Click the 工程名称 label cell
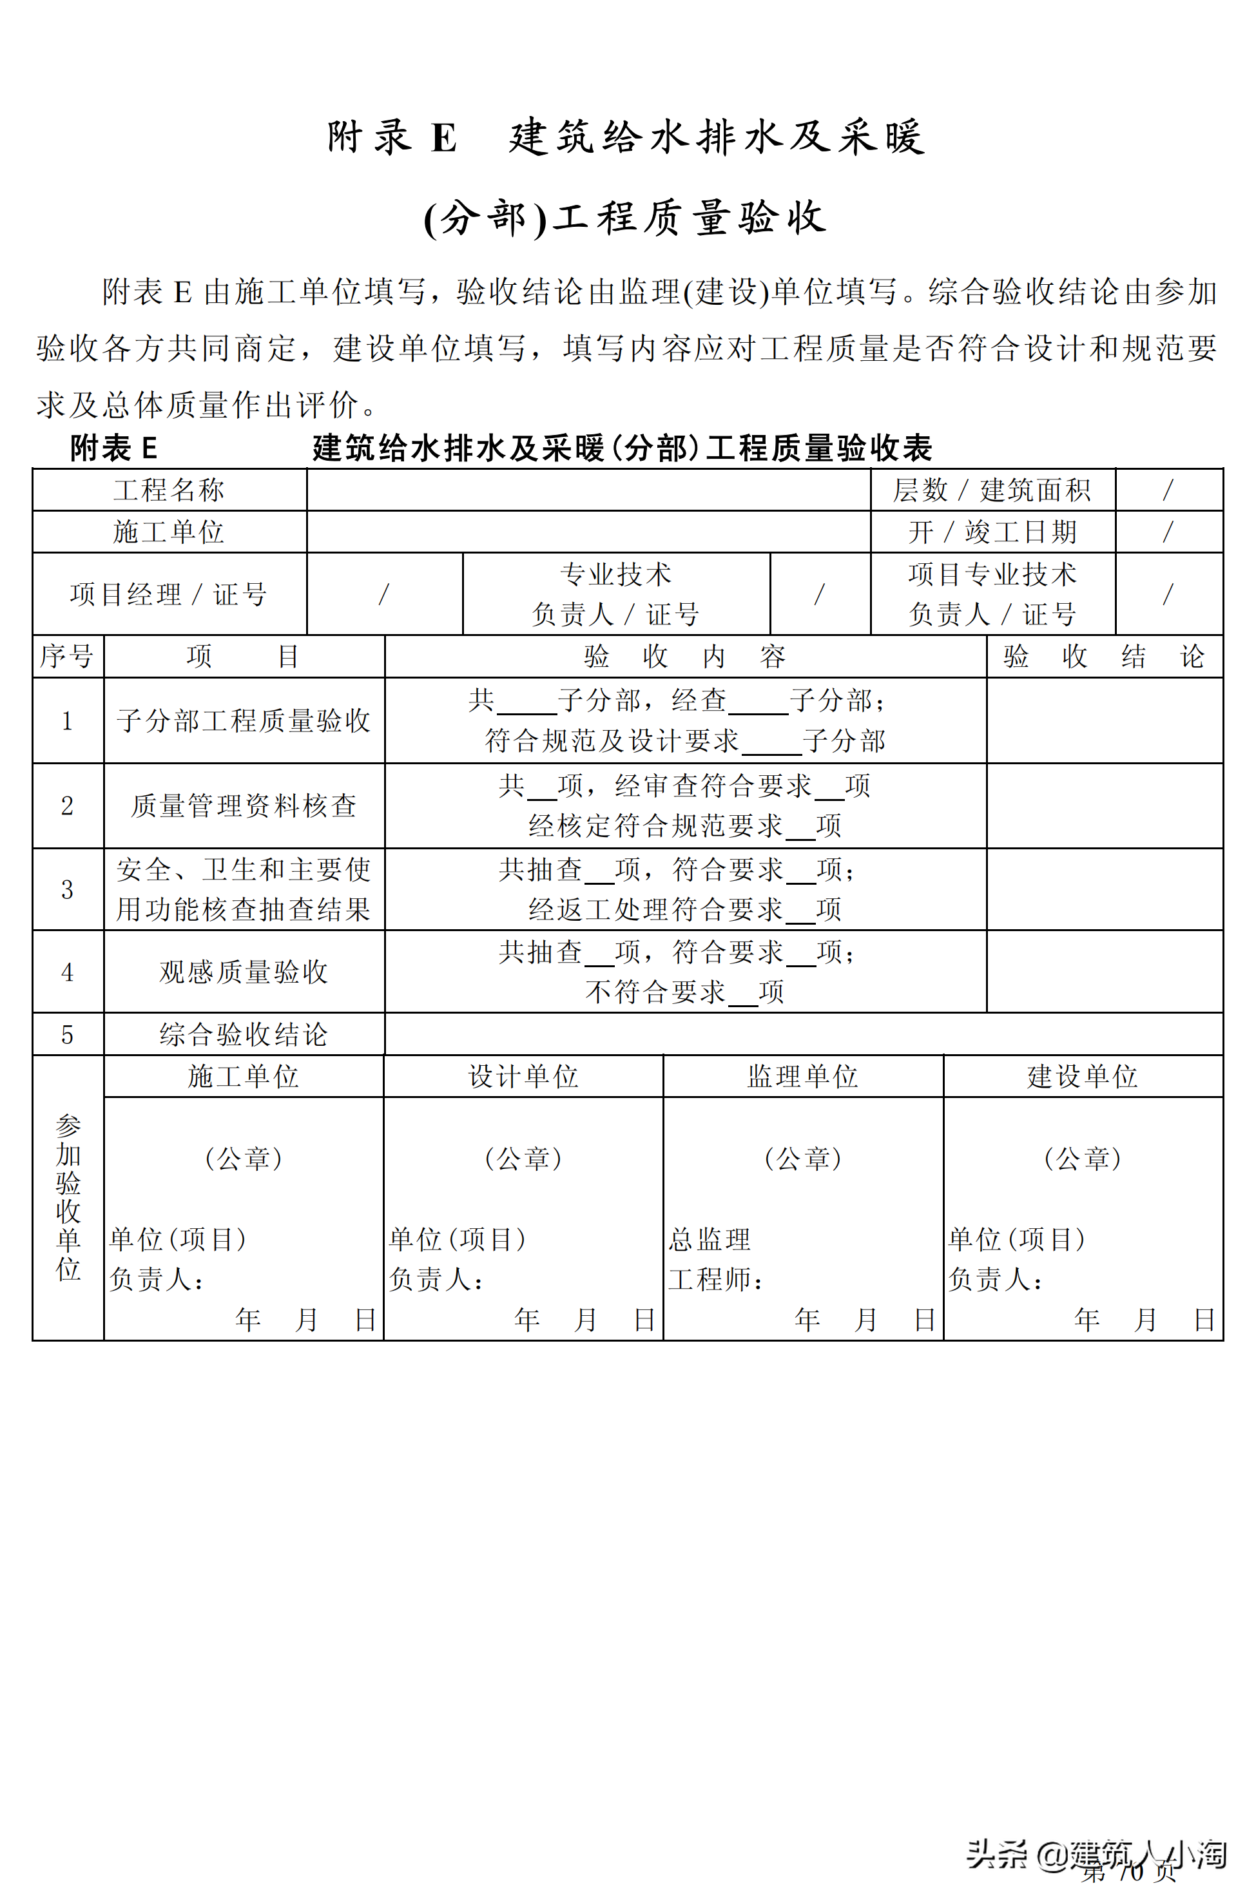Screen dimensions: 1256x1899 (168, 489)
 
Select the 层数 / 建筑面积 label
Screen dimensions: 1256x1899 (992, 489)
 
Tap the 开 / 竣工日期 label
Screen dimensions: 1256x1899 (992, 531)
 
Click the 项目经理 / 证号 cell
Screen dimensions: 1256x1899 (168, 593)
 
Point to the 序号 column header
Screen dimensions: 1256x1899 (67, 656)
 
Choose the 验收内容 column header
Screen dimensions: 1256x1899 (685, 656)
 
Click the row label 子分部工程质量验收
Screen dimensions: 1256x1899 (244, 720)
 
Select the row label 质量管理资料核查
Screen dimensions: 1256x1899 (244, 805)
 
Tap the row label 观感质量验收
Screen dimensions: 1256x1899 (244, 972)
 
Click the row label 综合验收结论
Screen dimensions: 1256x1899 (244, 1034)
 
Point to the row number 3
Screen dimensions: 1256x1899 (67, 889)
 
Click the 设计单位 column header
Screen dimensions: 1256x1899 (523, 1075)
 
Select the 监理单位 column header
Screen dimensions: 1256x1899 (802, 1075)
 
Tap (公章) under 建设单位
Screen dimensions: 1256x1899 (1082, 1158)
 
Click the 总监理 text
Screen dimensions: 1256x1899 (710, 1239)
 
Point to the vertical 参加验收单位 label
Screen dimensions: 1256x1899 (68, 1197)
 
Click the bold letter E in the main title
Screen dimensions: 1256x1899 (444, 138)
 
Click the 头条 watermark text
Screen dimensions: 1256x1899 (996, 1854)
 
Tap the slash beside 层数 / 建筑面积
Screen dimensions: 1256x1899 (1168, 489)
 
